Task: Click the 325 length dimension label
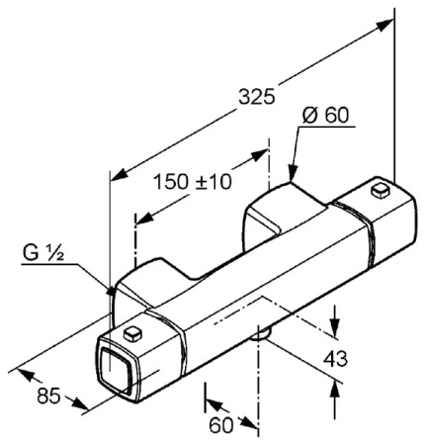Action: point(256,97)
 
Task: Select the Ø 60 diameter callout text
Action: point(325,116)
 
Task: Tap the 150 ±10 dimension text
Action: point(193,182)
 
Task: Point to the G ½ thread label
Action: point(43,253)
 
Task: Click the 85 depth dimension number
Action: point(48,396)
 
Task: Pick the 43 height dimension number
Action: point(335,359)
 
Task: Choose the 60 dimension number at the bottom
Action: point(221,425)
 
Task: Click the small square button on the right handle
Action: point(380,191)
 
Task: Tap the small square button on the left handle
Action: point(132,333)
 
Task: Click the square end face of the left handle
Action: point(115,366)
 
